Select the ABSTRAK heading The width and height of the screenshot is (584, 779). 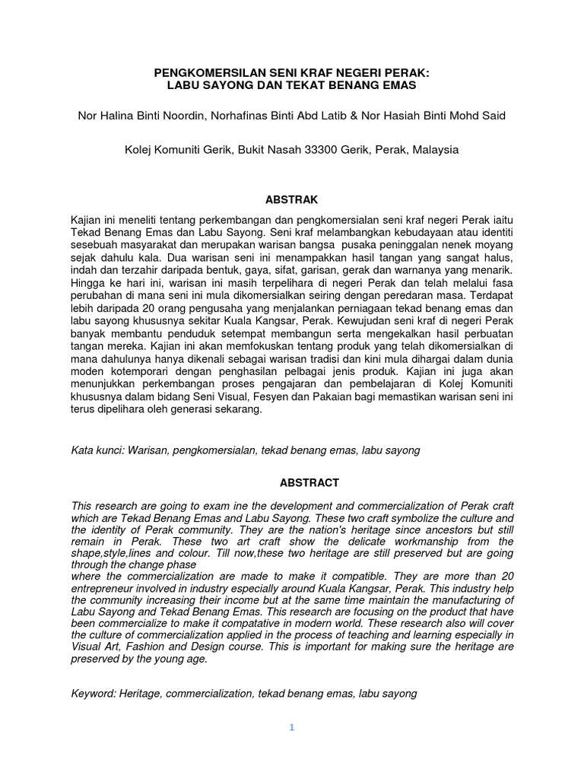291,199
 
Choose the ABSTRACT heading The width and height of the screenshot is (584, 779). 291,483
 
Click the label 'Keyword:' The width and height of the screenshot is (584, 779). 94,695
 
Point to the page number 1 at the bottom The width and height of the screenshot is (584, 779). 291,728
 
